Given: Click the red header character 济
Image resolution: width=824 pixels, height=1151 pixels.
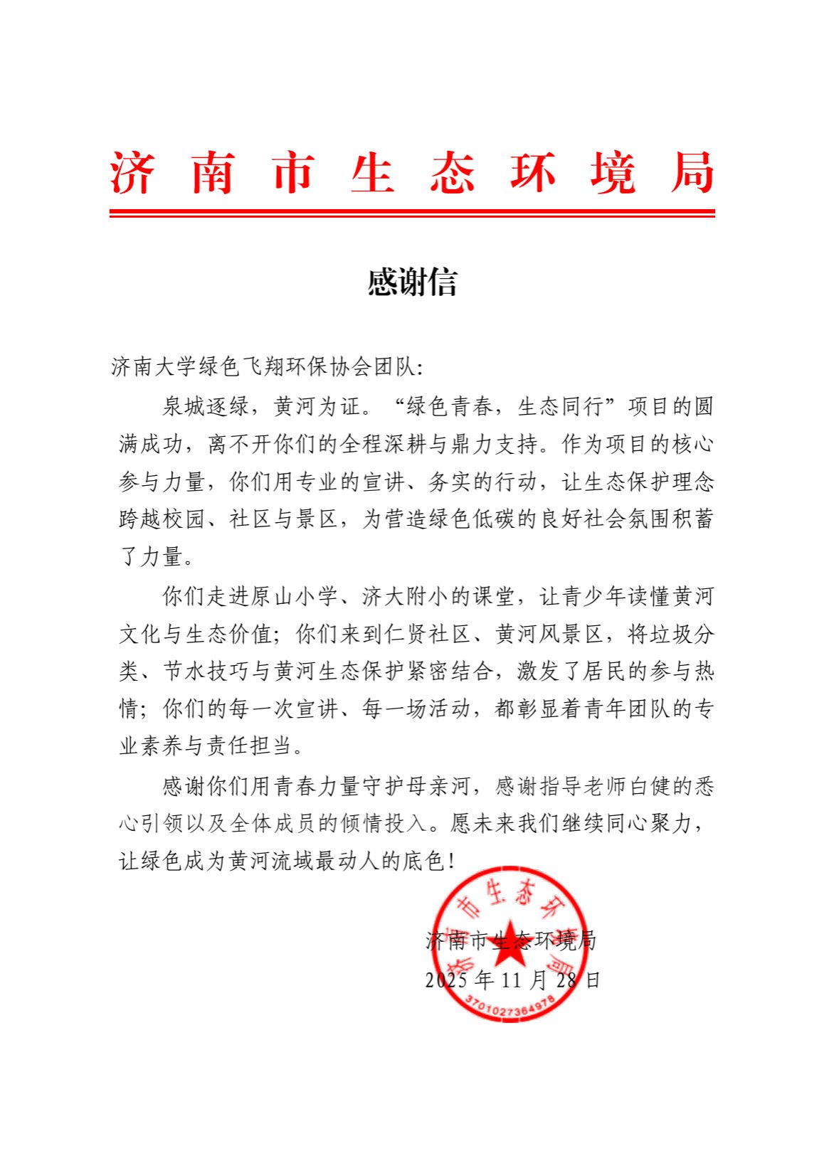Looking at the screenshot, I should (x=132, y=174).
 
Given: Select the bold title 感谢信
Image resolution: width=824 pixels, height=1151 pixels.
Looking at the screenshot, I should (x=412, y=282).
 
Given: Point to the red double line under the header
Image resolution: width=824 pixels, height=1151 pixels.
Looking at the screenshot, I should (x=412, y=212).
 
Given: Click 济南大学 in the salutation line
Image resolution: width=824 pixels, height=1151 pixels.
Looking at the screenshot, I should (x=154, y=367).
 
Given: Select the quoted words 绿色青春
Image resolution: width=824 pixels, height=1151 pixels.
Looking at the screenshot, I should (x=448, y=407).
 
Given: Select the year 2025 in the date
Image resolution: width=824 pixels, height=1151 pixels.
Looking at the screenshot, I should (x=446, y=980).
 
